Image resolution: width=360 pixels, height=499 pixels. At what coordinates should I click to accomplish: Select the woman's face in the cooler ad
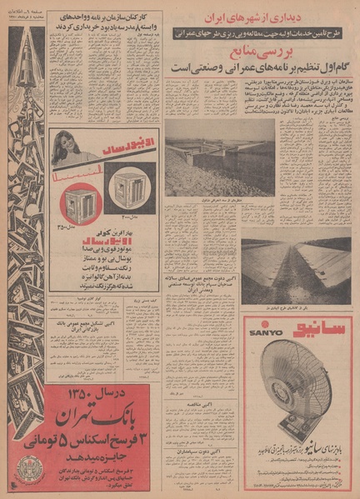[64, 147]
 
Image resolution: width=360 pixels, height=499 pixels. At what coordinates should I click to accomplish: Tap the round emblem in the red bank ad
[30, 468]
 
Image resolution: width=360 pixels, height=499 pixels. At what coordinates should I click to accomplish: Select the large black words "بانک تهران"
[96, 417]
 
